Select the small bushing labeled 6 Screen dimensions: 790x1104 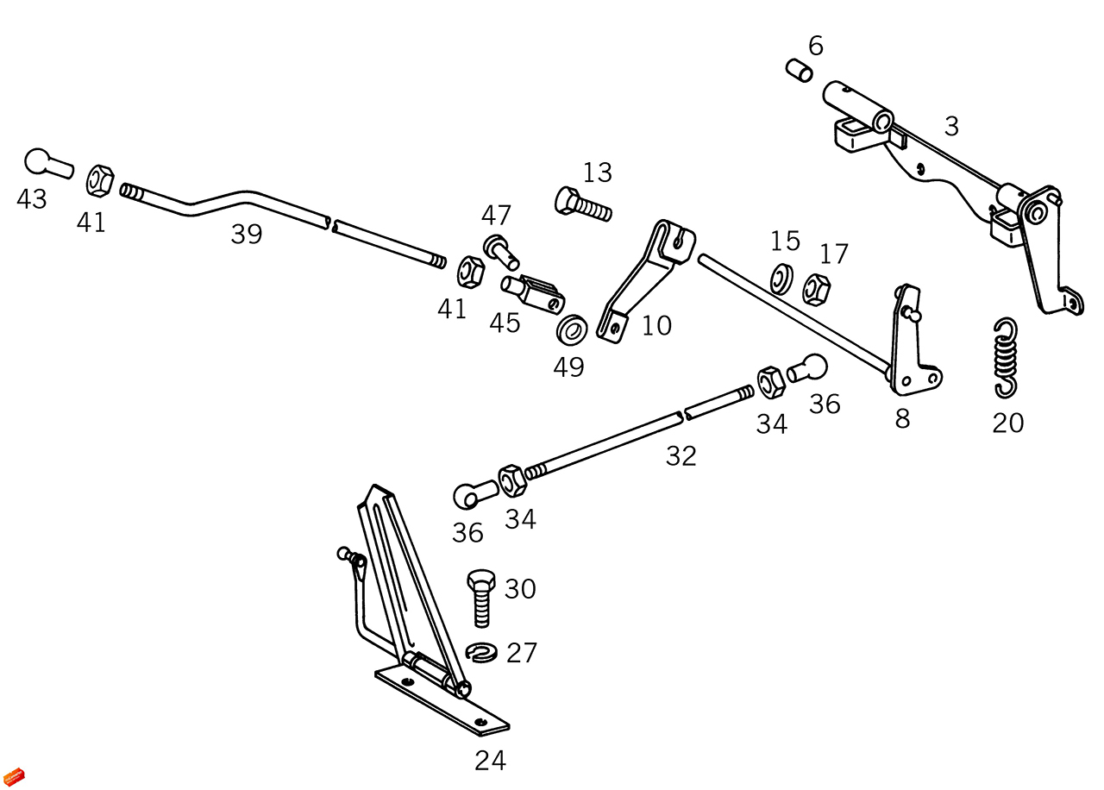799,71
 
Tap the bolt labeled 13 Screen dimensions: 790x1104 582,205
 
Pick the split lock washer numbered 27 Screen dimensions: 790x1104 481,653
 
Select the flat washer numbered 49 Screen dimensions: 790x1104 571,329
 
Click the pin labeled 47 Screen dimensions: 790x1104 501,251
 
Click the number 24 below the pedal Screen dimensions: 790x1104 490,760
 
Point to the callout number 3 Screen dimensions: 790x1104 950,127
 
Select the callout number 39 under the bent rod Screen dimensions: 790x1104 246,234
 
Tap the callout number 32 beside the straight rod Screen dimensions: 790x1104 681,456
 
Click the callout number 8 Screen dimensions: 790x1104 902,419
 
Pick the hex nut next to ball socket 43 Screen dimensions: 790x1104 100,180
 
